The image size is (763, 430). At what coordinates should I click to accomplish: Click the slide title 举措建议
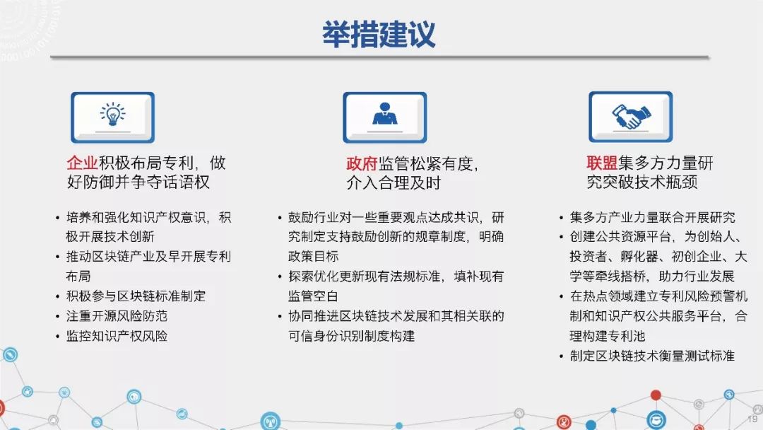379,34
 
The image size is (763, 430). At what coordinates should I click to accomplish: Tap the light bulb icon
112,115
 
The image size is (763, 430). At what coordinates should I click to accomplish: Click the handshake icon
631,117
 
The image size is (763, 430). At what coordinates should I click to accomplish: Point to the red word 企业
82,163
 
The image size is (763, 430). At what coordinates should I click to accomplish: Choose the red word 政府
362,163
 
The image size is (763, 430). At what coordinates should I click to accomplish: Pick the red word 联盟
602,163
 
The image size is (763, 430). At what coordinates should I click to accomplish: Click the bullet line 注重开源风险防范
117,316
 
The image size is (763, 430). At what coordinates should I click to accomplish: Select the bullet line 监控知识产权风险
117,336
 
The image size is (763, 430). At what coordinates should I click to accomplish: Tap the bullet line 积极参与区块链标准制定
136,296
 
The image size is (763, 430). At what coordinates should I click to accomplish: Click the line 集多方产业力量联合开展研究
653,217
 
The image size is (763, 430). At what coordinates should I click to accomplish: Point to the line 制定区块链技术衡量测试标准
652,356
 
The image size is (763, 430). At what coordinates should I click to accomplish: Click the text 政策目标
313,256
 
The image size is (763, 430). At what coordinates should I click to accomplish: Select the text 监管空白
313,296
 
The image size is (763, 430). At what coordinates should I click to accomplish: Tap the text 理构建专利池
608,336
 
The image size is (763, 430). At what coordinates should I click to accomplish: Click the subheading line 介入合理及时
394,182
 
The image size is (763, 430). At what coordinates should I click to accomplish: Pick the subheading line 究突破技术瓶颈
641,182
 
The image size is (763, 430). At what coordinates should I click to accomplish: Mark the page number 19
752,419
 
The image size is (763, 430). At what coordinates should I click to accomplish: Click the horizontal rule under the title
379,57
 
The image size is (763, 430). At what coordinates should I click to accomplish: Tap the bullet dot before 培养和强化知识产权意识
57,218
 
